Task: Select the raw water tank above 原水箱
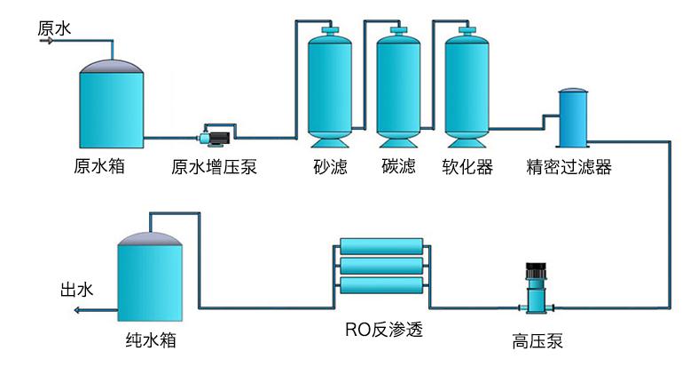click(x=111, y=107)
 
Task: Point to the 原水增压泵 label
click(x=215, y=166)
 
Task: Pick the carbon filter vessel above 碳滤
click(x=398, y=89)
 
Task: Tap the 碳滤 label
click(x=398, y=166)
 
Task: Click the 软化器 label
click(x=467, y=166)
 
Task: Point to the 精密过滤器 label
click(x=569, y=166)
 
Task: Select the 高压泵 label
click(x=537, y=341)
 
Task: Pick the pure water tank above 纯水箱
click(x=150, y=280)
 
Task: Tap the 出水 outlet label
click(x=75, y=291)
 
